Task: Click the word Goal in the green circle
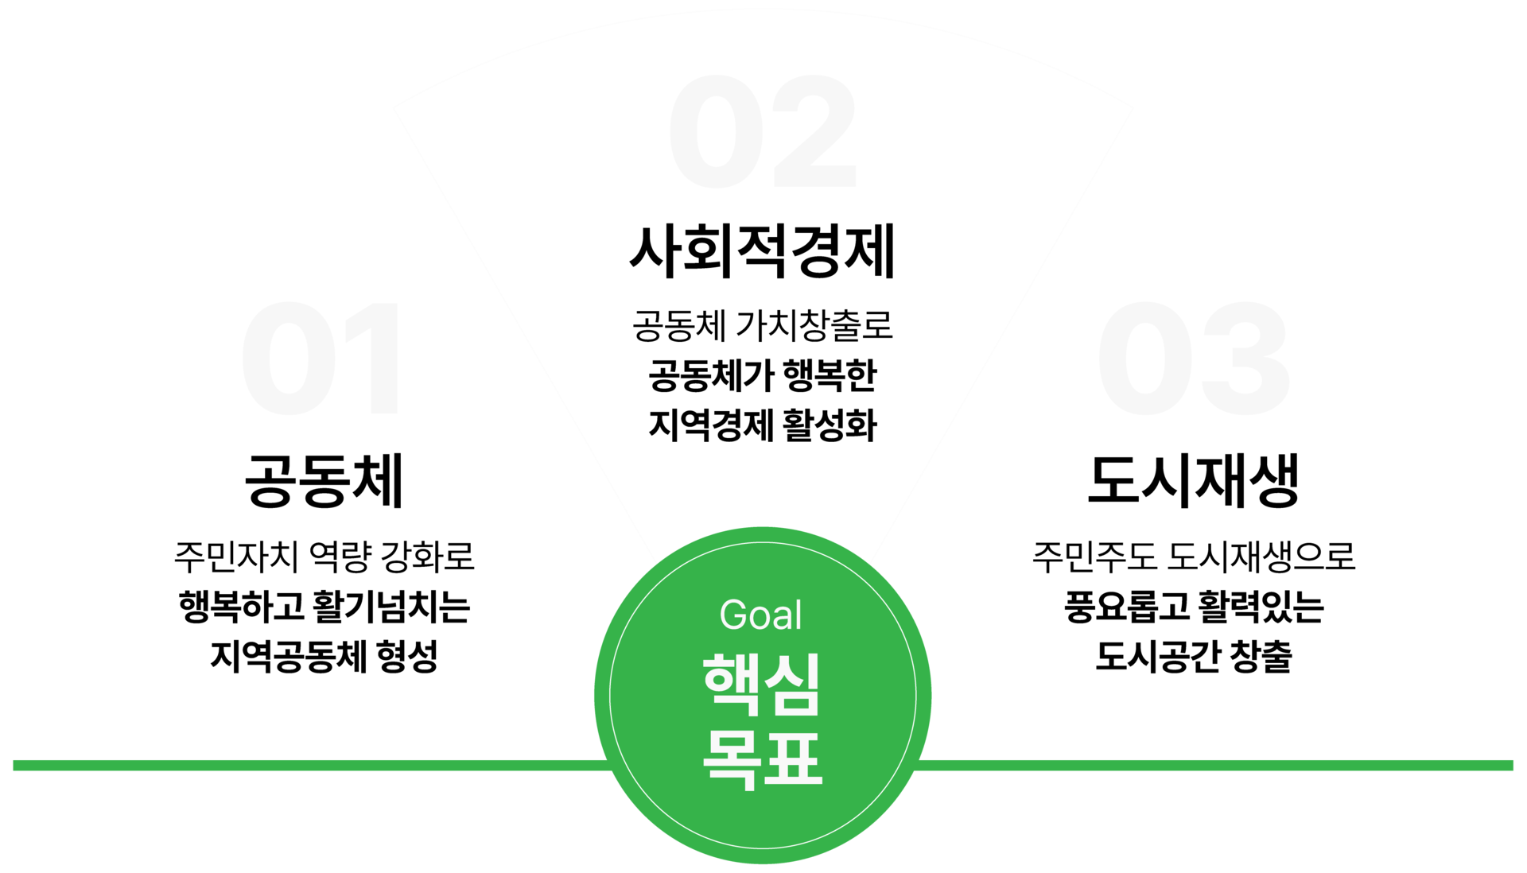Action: (x=760, y=615)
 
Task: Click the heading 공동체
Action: (x=324, y=481)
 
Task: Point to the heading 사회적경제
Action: (x=762, y=252)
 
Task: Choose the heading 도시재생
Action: (x=1193, y=481)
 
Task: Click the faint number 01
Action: (x=322, y=359)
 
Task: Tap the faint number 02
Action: (x=762, y=132)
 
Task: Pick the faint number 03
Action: (x=1193, y=359)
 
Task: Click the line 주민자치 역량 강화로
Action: (x=324, y=557)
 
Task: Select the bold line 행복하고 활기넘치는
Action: (x=324, y=607)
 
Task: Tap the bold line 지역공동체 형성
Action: (x=324, y=657)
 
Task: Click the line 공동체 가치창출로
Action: (x=762, y=325)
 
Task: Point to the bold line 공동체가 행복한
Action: (x=762, y=375)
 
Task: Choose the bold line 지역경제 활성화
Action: (x=762, y=425)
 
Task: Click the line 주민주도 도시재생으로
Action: (x=1193, y=557)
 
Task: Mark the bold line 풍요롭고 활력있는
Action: (x=1193, y=607)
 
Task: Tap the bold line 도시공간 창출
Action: (x=1193, y=657)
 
